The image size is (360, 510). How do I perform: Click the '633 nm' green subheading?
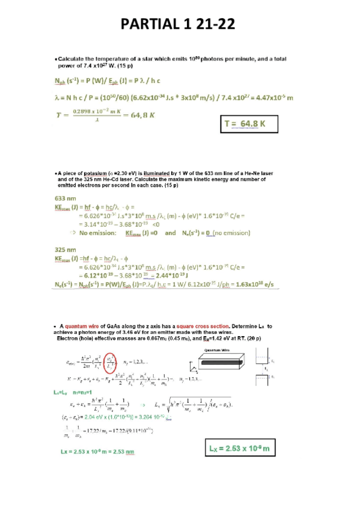pyautogui.click(x=65, y=198)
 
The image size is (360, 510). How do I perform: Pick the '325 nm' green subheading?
pyautogui.click(x=65, y=248)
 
